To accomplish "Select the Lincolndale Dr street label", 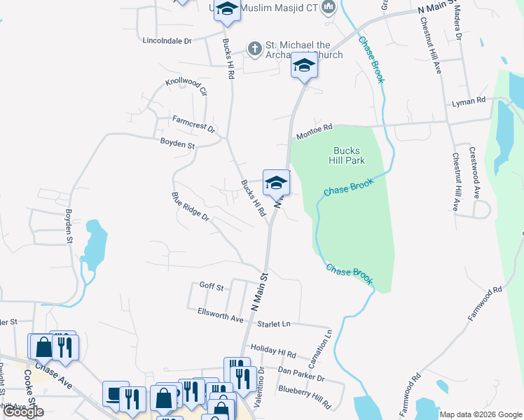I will point(166,41).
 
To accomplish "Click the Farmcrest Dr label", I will point(194,124).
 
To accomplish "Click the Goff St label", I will point(211,286).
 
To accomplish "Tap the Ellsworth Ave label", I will point(220,315).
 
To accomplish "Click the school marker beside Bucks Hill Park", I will point(276,184).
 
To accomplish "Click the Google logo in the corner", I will point(23,412).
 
